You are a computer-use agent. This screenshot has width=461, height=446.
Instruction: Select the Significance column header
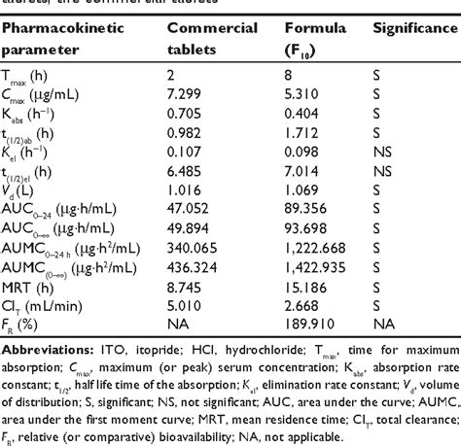pos(411,27)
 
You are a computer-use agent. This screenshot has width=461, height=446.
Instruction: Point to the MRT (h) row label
pos(28,289)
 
